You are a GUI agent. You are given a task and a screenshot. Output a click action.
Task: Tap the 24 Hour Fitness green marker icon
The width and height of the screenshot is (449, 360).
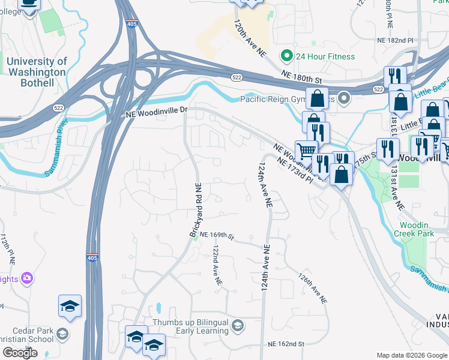286,56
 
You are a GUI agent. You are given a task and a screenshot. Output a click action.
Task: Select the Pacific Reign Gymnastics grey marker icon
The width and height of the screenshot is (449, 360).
344,98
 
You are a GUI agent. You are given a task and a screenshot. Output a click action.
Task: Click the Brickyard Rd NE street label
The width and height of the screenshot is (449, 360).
199,209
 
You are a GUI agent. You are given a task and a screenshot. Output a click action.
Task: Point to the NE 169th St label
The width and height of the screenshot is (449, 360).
216,235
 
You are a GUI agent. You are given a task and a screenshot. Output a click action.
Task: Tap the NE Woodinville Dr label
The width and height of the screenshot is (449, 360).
157,112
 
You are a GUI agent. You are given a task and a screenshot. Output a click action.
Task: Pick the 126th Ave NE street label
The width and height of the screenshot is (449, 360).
313,288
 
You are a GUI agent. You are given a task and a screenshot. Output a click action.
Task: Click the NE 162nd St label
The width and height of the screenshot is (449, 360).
286,344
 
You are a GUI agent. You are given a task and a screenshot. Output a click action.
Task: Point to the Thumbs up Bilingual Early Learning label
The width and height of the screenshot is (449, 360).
191,326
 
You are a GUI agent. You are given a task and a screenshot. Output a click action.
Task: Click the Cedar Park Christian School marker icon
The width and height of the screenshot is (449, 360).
62,334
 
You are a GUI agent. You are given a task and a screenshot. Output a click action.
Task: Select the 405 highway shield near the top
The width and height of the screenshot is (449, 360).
131,23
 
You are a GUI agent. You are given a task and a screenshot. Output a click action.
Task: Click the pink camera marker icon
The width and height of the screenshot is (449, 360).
26,278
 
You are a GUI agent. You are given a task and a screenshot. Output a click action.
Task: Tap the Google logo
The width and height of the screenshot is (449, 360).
20,353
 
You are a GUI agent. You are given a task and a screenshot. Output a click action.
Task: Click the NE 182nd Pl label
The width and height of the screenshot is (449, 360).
395,39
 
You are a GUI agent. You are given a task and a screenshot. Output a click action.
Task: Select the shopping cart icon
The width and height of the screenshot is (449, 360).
307,150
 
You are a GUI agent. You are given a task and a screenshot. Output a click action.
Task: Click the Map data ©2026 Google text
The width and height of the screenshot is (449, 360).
411,355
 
